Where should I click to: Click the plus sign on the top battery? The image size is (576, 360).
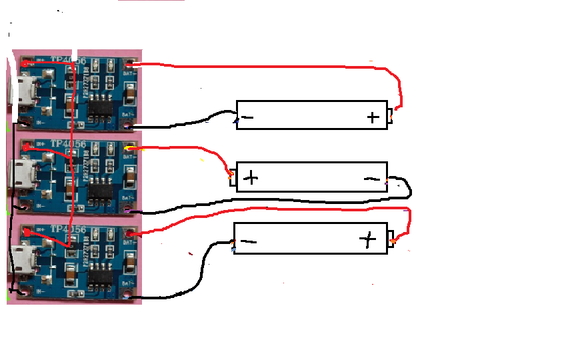click(373, 118)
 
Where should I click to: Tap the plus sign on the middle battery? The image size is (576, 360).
click(251, 177)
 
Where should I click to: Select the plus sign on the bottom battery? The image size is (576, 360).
click(367, 239)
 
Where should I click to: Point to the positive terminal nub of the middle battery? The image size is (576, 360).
click(232, 178)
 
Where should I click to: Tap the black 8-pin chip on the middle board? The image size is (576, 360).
click(101, 189)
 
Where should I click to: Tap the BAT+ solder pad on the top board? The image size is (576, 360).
click(129, 65)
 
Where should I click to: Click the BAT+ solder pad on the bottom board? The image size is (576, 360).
click(129, 234)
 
